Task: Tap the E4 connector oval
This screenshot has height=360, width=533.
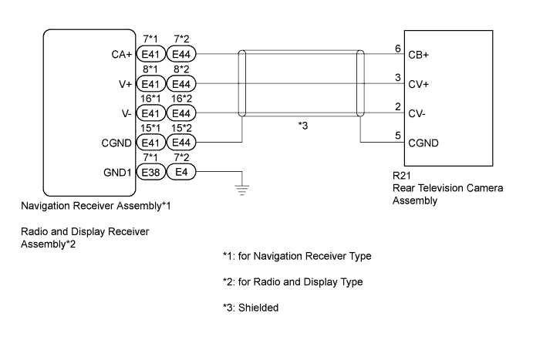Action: [181, 172]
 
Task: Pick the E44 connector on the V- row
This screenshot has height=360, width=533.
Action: [181, 113]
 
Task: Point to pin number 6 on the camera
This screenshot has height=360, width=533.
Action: [396, 48]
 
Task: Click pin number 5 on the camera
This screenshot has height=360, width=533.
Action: [396, 136]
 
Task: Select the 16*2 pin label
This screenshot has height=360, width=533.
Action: [181, 99]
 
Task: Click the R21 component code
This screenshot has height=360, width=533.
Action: [400, 175]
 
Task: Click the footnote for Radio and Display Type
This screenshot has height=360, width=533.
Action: [292, 281]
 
